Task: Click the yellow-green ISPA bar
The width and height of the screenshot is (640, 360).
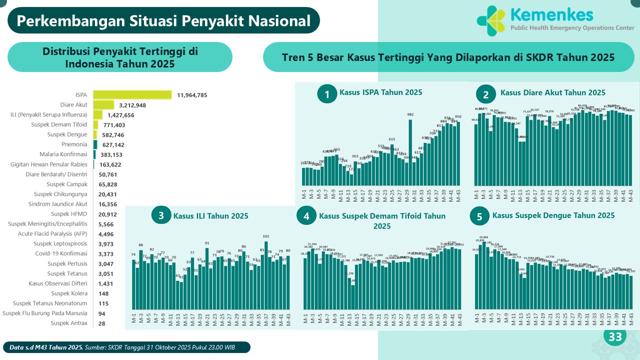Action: coord(132,95)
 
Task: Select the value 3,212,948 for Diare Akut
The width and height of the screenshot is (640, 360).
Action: coord(132,105)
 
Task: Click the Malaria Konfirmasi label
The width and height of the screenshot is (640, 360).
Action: coord(63,154)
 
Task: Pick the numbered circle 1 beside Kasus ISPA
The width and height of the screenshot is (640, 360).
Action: coord(327,93)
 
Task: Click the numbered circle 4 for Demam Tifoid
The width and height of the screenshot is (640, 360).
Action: coord(306,216)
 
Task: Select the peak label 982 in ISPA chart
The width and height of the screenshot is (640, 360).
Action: coord(410,114)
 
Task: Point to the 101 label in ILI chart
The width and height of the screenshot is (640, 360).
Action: coord(266,236)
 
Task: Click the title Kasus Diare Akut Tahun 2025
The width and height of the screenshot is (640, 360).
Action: coord(552,92)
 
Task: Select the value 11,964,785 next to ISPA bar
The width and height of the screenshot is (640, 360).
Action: coord(192,95)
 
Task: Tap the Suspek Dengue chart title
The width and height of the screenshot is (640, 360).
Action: coord(553,215)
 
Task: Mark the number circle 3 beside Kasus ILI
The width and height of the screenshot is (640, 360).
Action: coord(161,216)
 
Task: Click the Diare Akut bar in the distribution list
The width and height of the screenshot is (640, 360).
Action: coord(103,105)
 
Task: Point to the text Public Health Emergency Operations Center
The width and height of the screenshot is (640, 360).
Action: coord(571,28)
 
